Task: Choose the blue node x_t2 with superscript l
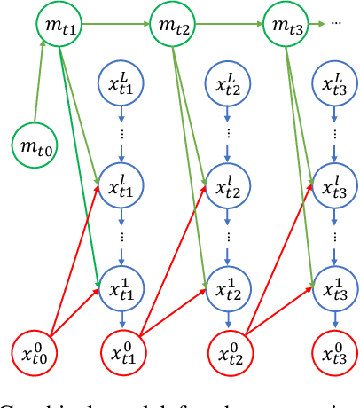click(x=230, y=186)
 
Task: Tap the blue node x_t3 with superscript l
click(x=335, y=186)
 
